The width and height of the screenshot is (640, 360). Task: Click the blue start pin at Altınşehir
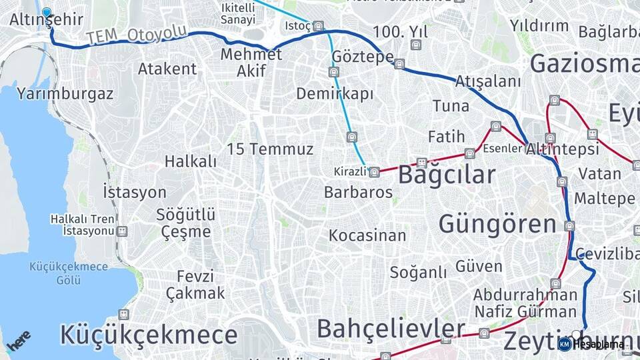coord(46,12)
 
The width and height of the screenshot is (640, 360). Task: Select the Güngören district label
coord(497,223)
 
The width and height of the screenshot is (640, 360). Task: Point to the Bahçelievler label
coord(391,329)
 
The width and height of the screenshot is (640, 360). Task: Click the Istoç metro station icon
coord(319,27)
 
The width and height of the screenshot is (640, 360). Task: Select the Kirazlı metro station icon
coord(375,172)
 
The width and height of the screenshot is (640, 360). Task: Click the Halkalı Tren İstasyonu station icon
coord(121,231)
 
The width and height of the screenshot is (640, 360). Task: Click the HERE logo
coord(19,341)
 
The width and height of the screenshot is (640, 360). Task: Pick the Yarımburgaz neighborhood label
coord(65,94)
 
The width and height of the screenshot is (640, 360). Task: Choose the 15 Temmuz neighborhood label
coord(269,149)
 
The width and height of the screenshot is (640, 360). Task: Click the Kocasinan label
coord(367,235)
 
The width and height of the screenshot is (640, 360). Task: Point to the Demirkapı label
coord(335,94)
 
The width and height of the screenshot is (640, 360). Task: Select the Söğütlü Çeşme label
coord(186,223)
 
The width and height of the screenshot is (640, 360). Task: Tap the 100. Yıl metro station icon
coord(417,45)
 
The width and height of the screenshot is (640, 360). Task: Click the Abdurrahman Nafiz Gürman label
coord(525,303)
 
